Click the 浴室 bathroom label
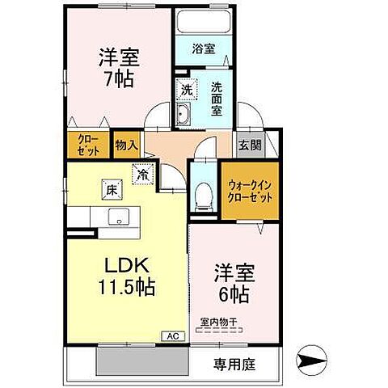click(204, 48)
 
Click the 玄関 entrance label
click(250, 145)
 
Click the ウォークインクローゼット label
click(250, 192)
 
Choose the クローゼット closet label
click(87, 145)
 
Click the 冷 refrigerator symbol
click(143, 173)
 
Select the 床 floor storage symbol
click(111, 190)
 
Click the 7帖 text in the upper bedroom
click(119, 79)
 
